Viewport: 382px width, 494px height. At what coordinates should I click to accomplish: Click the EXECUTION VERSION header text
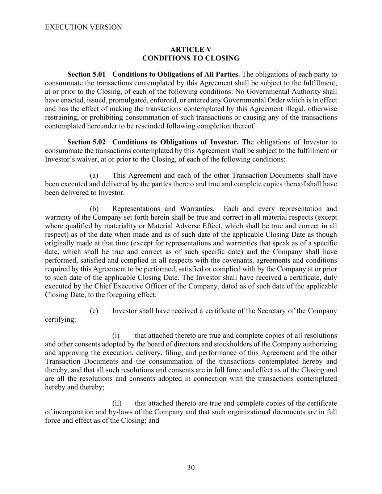pyautogui.click(x=83, y=27)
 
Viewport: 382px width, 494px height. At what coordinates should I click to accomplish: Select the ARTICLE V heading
pyautogui.click(x=191, y=50)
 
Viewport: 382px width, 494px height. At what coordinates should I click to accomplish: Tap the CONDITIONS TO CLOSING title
pyautogui.click(x=191, y=58)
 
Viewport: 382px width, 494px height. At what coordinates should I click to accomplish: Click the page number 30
pyautogui.click(x=191, y=468)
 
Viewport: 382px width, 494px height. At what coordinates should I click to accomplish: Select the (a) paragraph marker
pyautogui.click(x=94, y=176)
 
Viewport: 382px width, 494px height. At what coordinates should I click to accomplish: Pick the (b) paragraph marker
pyautogui.click(x=94, y=209)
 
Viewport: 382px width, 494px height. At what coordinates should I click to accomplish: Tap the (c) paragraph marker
pyautogui.click(x=94, y=311)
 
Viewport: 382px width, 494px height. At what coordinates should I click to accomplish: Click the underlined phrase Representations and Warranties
pyautogui.click(x=162, y=209)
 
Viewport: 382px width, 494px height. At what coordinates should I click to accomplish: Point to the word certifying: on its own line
pyautogui.click(x=60, y=320)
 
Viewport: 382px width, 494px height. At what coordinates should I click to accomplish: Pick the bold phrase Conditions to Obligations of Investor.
pyautogui.click(x=176, y=142)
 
